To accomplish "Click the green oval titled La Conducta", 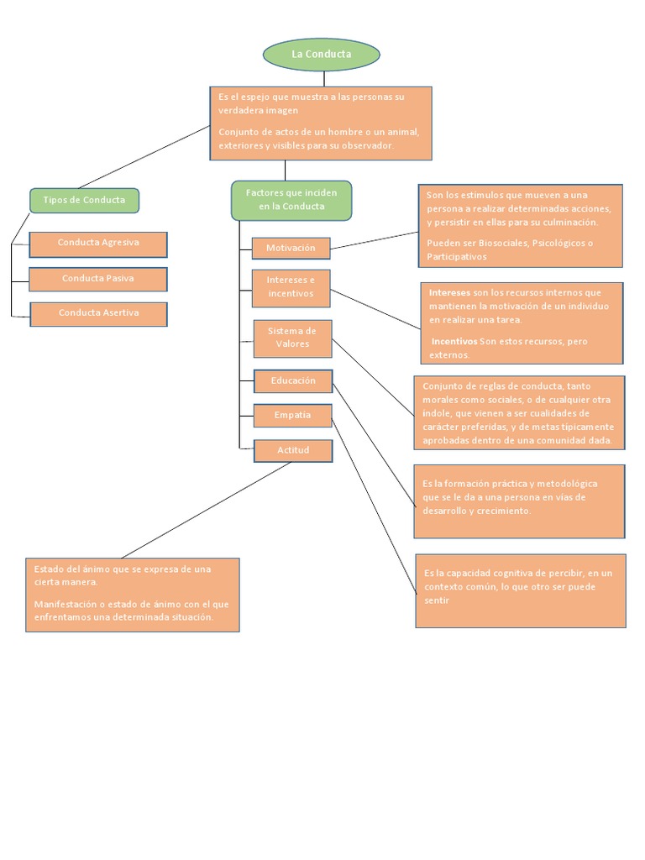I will coord(321,55).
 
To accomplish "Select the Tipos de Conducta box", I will coord(84,200).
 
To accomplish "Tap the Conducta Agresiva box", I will coord(98,244).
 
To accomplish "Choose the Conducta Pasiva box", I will coord(98,279).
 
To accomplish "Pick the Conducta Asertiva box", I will coord(98,313).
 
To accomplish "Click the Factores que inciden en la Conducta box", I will coord(291,200).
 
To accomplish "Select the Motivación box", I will coord(291,249).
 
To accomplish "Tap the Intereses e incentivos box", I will coord(291,287).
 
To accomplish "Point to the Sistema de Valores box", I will coord(292,338).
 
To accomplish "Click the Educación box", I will coord(293,381).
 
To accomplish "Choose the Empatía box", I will coord(292,415).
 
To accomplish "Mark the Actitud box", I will coord(293,451).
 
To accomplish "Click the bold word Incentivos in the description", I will coord(454,342).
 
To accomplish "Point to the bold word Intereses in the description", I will coord(449,293).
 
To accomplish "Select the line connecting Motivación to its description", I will coord(374,240).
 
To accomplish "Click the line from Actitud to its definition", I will coord(206,510).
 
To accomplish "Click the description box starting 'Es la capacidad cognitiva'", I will coord(520,590).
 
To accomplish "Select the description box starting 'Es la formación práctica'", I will coord(519,501).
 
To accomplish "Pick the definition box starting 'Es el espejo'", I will coord(320,123).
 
